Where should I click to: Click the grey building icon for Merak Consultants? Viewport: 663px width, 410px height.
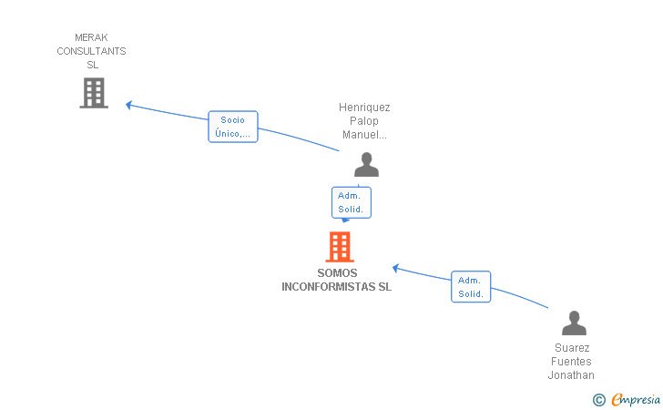click(x=94, y=93)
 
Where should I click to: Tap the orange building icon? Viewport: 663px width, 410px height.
click(x=340, y=247)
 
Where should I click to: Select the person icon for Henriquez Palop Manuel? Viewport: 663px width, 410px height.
click(x=367, y=165)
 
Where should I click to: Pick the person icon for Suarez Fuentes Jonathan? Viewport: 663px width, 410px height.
click(x=574, y=323)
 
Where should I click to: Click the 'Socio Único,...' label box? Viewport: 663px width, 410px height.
click(x=233, y=127)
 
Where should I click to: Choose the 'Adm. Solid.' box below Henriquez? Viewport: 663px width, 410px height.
click(x=352, y=202)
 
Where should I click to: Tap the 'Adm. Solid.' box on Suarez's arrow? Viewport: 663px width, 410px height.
click(x=471, y=286)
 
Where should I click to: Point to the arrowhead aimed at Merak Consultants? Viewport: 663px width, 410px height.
click(x=129, y=105)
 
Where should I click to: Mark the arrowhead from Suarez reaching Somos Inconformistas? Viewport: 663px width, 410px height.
click(x=396, y=268)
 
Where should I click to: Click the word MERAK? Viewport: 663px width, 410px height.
click(x=91, y=37)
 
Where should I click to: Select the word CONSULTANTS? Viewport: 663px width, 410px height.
click(x=91, y=51)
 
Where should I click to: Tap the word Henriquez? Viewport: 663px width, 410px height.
click(x=364, y=107)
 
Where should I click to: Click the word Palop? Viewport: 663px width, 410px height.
click(x=364, y=121)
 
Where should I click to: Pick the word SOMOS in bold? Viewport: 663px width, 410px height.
click(x=337, y=273)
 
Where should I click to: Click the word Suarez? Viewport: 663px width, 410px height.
click(x=572, y=348)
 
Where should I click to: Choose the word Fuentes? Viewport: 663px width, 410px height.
click(x=571, y=362)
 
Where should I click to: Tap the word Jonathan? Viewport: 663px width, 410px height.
click(x=571, y=375)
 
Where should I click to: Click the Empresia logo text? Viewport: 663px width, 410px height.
click(x=636, y=399)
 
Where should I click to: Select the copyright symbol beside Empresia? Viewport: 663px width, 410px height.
click(x=599, y=400)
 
